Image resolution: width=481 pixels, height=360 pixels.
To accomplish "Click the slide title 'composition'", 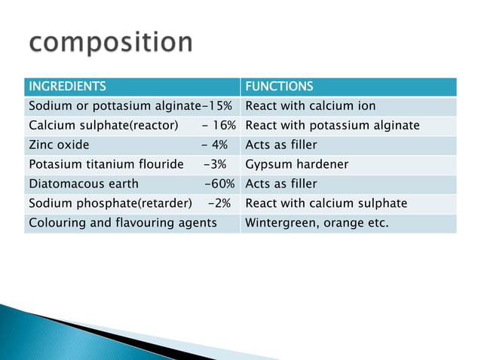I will pyautogui.click(x=112, y=42).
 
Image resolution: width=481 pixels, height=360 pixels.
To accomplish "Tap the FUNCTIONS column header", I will pyautogui.click(x=280, y=86).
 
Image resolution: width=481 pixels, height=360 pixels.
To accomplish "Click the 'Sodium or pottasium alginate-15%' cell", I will pyautogui.click(x=130, y=105).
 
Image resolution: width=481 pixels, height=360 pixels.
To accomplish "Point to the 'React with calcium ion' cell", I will pyautogui.click(x=311, y=105).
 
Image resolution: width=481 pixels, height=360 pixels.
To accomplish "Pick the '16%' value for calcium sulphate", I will pyautogui.click(x=222, y=125).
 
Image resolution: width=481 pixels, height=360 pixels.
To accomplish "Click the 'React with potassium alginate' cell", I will pyautogui.click(x=332, y=125).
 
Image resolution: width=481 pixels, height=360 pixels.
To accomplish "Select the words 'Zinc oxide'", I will pyautogui.click(x=59, y=145).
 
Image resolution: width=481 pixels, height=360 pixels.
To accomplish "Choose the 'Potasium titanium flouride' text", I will pyautogui.click(x=106, y=164).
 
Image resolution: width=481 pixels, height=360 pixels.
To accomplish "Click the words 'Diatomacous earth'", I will pyautogui.click(x=83, y=184).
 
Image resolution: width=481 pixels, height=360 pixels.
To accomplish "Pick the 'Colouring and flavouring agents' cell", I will pyautogui.click(x=122, y=223).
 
